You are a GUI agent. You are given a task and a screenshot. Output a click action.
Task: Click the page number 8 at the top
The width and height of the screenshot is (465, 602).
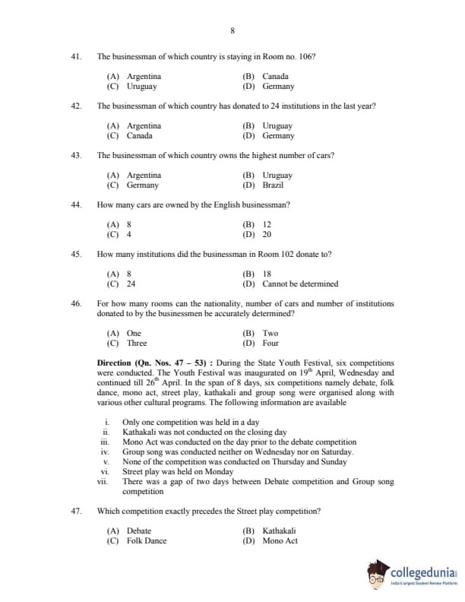[232, 30]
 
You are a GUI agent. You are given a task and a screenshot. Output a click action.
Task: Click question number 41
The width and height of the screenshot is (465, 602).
[76, 57]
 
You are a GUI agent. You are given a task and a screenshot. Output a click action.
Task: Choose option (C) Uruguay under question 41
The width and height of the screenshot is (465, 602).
[133, 87]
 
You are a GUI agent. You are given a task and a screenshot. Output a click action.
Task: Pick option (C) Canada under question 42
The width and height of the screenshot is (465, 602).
[129, 136]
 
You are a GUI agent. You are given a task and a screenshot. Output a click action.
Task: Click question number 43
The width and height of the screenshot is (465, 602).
[76, 155]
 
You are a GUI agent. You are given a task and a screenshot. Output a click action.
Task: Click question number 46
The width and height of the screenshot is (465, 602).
[76, 303]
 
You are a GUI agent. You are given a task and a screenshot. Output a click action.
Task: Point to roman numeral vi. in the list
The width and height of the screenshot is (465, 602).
[107, 471]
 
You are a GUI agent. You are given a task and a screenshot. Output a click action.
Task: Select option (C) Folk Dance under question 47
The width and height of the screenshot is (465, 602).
[136, 541]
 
